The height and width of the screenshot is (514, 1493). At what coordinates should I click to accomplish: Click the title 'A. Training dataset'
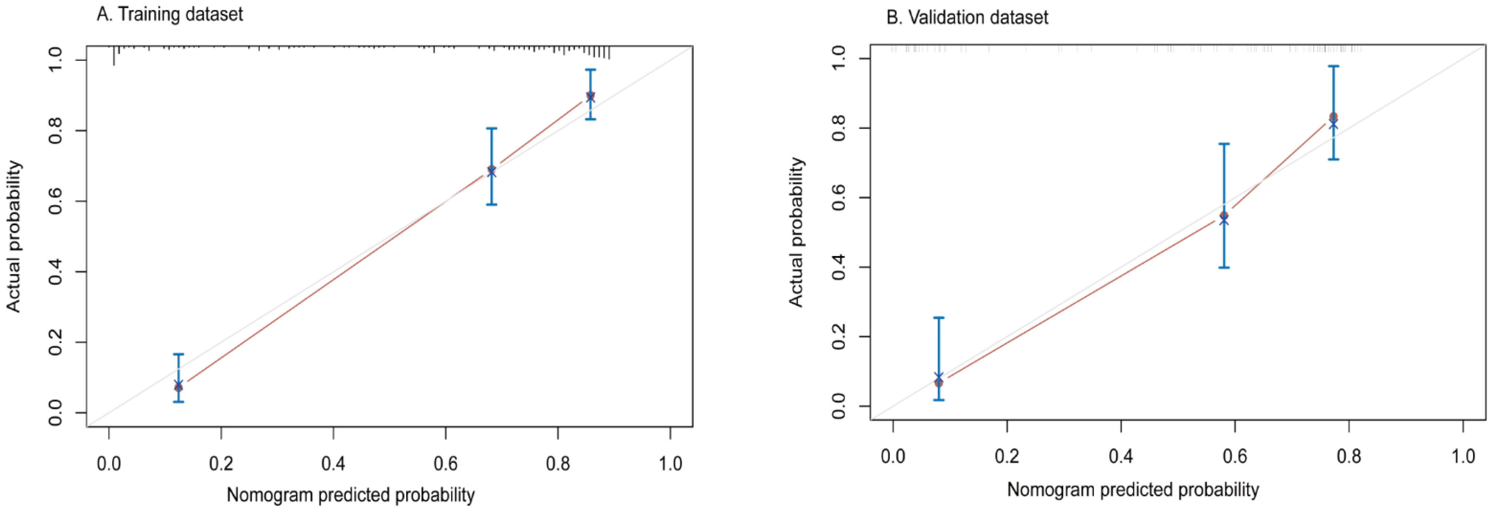pos(169,14)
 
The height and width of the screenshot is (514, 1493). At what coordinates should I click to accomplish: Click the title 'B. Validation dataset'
pos(967,17)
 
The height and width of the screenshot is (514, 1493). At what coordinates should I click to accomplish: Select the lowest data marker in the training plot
pos(179,385)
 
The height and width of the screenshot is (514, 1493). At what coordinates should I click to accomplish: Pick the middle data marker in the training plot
pos(492,170)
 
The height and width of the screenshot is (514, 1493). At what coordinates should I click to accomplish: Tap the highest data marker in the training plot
pos(590,96)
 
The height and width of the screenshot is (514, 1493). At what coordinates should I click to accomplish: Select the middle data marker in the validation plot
pos(1224,217)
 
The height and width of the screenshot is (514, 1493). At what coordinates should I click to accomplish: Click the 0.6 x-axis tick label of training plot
pos(445,464)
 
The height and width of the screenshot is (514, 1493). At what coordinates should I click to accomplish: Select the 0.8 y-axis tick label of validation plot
pos(839,128)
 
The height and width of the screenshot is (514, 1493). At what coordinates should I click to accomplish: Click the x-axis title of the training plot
pos(350,495)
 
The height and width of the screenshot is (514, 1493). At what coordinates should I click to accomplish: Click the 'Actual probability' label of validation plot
pos(797,232)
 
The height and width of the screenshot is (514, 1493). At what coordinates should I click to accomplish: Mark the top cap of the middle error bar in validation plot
pos(1224,144)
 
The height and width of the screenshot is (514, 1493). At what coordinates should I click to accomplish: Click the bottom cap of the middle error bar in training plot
pos(492,205)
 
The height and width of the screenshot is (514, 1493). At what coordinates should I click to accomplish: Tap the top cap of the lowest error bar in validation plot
pos(938,318)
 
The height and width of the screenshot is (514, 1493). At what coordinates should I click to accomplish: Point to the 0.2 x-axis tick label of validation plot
pos(1007,456)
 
